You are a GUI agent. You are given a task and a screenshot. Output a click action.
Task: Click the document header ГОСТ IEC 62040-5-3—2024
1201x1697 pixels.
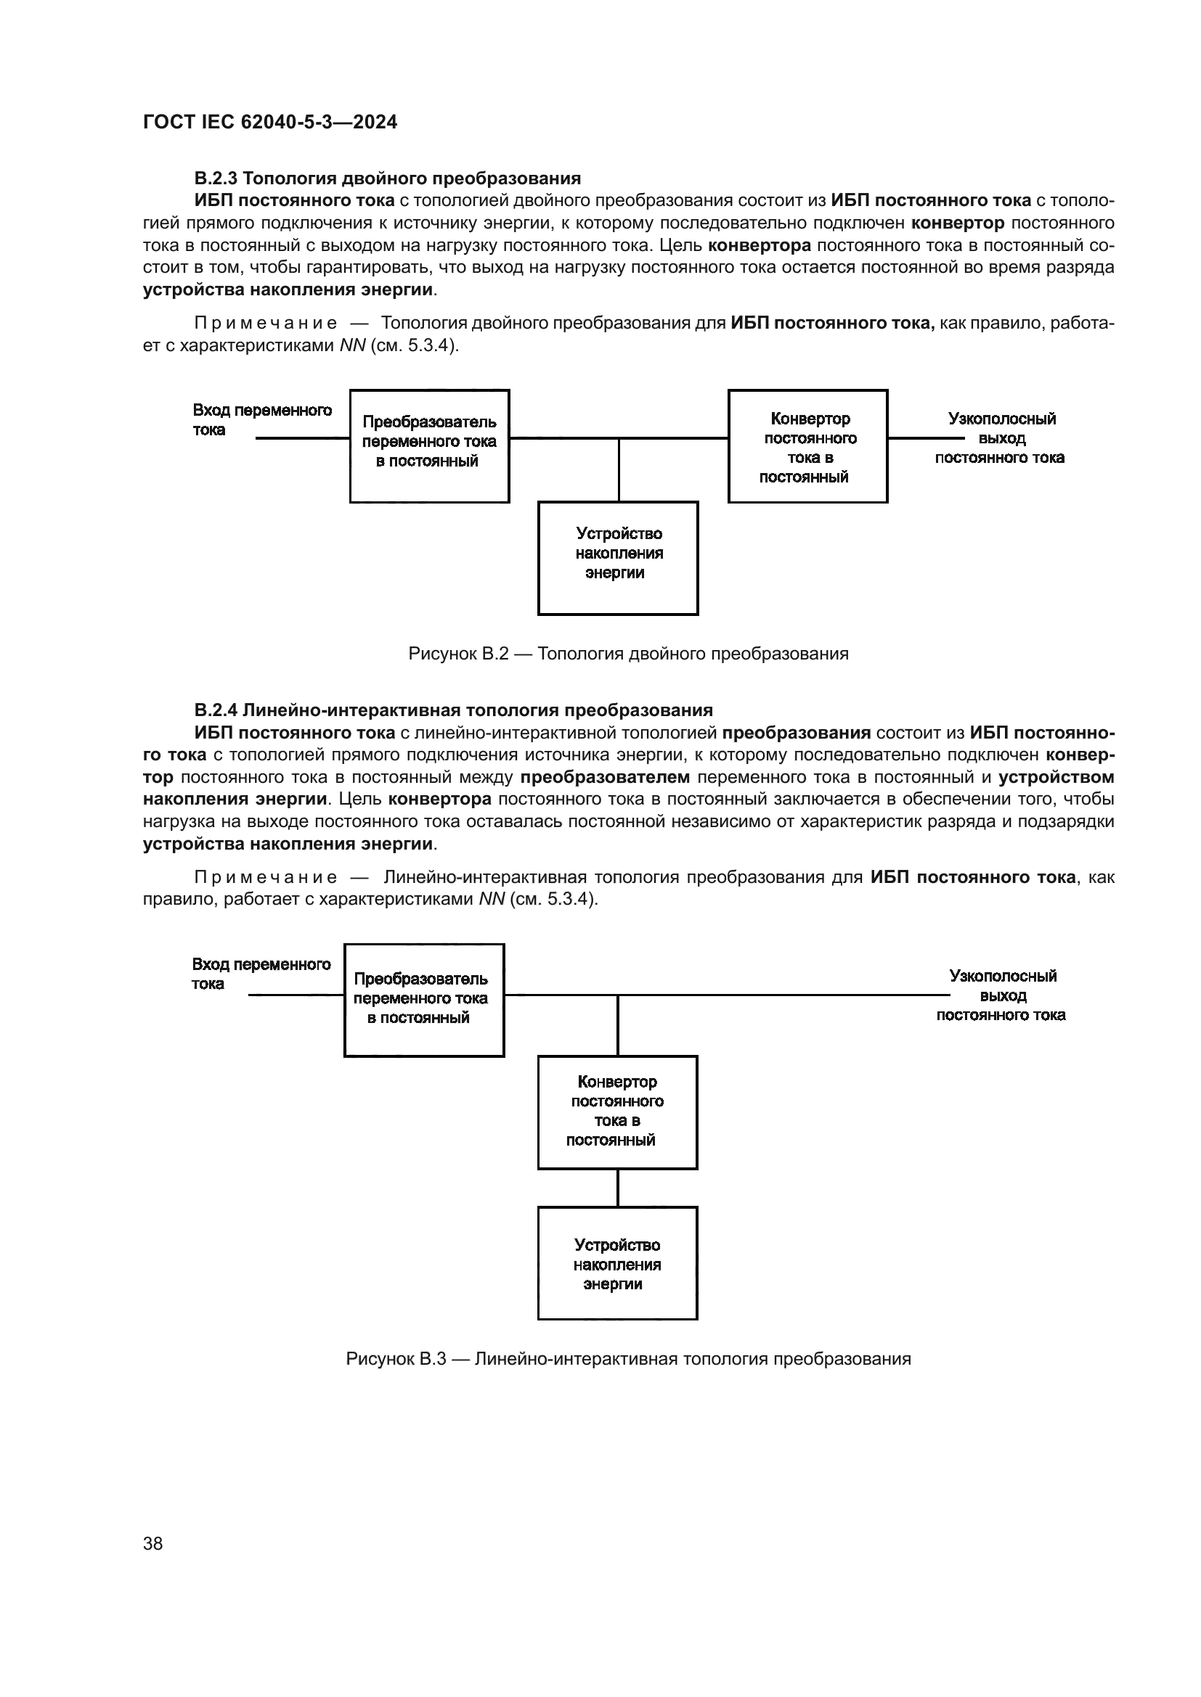coord(270,122)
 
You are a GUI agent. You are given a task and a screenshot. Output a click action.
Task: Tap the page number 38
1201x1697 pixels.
coord(153,1544)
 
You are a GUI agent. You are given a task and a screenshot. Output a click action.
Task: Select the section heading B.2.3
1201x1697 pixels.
coord(388,178)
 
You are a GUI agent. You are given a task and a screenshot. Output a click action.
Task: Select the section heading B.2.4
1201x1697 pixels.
coord(453,710)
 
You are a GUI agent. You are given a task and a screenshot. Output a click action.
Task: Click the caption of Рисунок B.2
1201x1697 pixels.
coord(628,654)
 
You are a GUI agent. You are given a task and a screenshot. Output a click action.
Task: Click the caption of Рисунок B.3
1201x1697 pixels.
coord(628,1359)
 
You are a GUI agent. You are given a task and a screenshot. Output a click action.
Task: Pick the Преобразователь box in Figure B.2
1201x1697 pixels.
coord(430,445)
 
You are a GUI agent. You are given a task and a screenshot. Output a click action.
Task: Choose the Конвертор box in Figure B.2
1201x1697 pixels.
coord(807,445)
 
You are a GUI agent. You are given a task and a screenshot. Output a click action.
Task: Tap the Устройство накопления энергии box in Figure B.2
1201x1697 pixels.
coord(618,558)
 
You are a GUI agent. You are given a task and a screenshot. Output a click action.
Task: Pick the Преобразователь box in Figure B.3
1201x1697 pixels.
coord(424,1000)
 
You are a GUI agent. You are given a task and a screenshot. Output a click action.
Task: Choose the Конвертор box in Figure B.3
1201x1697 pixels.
coord(617,1112)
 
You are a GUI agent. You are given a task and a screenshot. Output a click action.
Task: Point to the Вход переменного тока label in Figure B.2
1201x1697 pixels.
coord(262,420)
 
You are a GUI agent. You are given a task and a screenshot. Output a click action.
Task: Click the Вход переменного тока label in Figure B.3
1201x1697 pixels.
coord(261,974)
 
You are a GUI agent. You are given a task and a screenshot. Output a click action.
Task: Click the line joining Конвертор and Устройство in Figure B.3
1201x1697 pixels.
coord(618,1188)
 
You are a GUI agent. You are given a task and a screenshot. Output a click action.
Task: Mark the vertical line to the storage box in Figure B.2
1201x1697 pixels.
coord(619,470)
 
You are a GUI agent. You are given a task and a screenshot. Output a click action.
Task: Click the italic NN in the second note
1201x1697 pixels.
coord(492,900)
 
